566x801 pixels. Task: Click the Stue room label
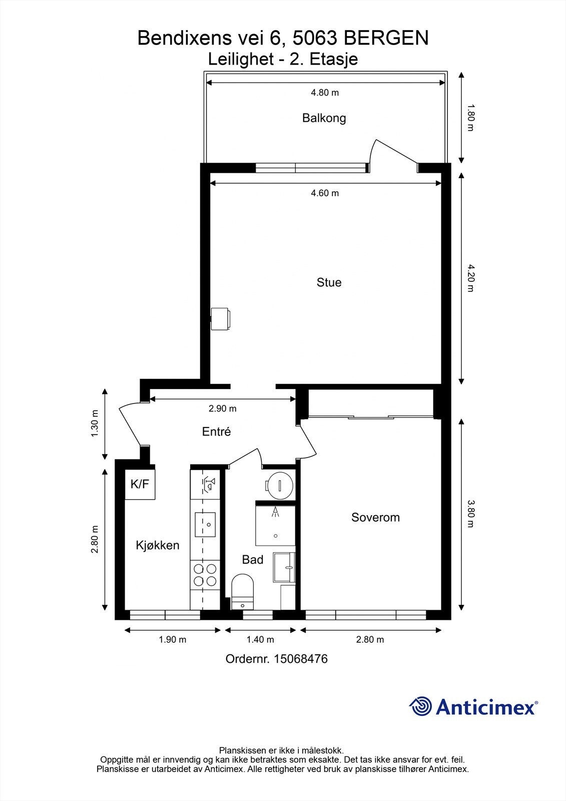click(x=329, y=282)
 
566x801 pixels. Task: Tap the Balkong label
click(x=324, y=118)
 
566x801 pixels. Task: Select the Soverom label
click(x=375, y=517)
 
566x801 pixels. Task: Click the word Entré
click(x=216, y=432)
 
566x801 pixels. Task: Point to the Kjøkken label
click(x=157, y=545)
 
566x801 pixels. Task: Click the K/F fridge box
click(x=140, y=484)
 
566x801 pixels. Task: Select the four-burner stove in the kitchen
click(x=205, y=575)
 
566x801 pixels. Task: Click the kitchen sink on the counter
click(x=205, y=524)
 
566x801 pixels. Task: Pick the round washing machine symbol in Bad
click(x=279, y=485)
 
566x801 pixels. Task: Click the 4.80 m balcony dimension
click(x=325, y=93)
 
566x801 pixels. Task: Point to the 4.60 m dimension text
click(x=325, y=193)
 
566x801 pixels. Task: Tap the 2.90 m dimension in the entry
click(x=222, y=409)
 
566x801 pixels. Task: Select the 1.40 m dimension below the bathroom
click(x=260, y=639)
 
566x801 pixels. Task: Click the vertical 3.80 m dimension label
click(x=470, y=514)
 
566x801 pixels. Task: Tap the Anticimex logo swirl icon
click(x=421, y=706)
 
